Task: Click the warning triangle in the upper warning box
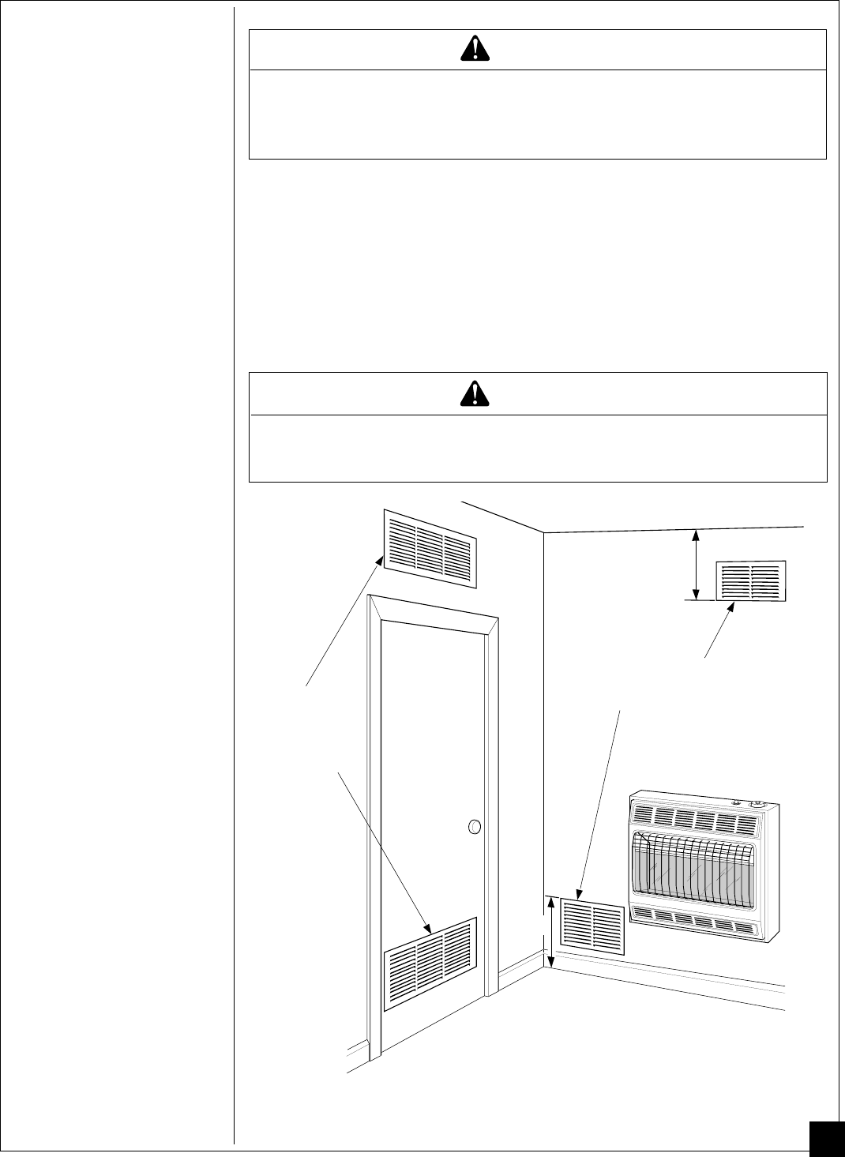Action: click(x=474, y=49)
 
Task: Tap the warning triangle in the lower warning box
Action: click(x=474, y=393)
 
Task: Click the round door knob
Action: click(x=475, y=827)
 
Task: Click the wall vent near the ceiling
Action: click(x=750, y=581)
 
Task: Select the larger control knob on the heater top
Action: click(x=760, y=804)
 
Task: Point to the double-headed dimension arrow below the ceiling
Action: click(x=696, y=564)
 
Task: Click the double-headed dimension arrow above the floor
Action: click(x=551, y=932)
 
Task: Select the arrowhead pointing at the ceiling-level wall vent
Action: click(x=730, y=608)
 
